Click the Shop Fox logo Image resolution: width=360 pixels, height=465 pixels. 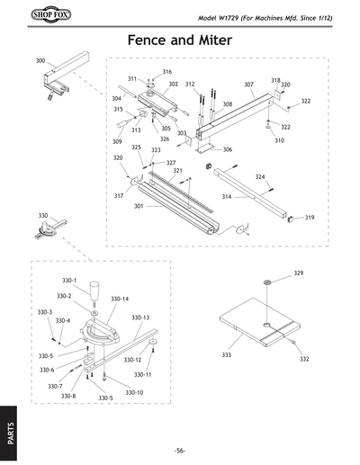tap(33, 17)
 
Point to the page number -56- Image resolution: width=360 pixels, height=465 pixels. tap(180, 450)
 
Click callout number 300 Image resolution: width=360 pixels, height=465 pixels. tap(40, 61)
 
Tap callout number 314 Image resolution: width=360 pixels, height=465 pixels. tap(226, 196)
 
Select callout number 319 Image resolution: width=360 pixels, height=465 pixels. tap(310, 218)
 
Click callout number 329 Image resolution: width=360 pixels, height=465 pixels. tap(299, 273)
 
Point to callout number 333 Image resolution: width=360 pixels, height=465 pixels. tap(227, 355)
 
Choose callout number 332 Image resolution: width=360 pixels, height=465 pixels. tap(304, 359)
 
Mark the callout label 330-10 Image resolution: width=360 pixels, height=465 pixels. tap(134, 392)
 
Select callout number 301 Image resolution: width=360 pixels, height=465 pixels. tap(139, 206)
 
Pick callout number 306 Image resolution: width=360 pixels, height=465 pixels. tap(228, 149)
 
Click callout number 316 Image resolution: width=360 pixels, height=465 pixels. tap(166, 72)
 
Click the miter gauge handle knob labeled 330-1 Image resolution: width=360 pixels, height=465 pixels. tap(94, 295)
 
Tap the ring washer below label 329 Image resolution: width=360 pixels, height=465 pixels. tap(266, 283)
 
